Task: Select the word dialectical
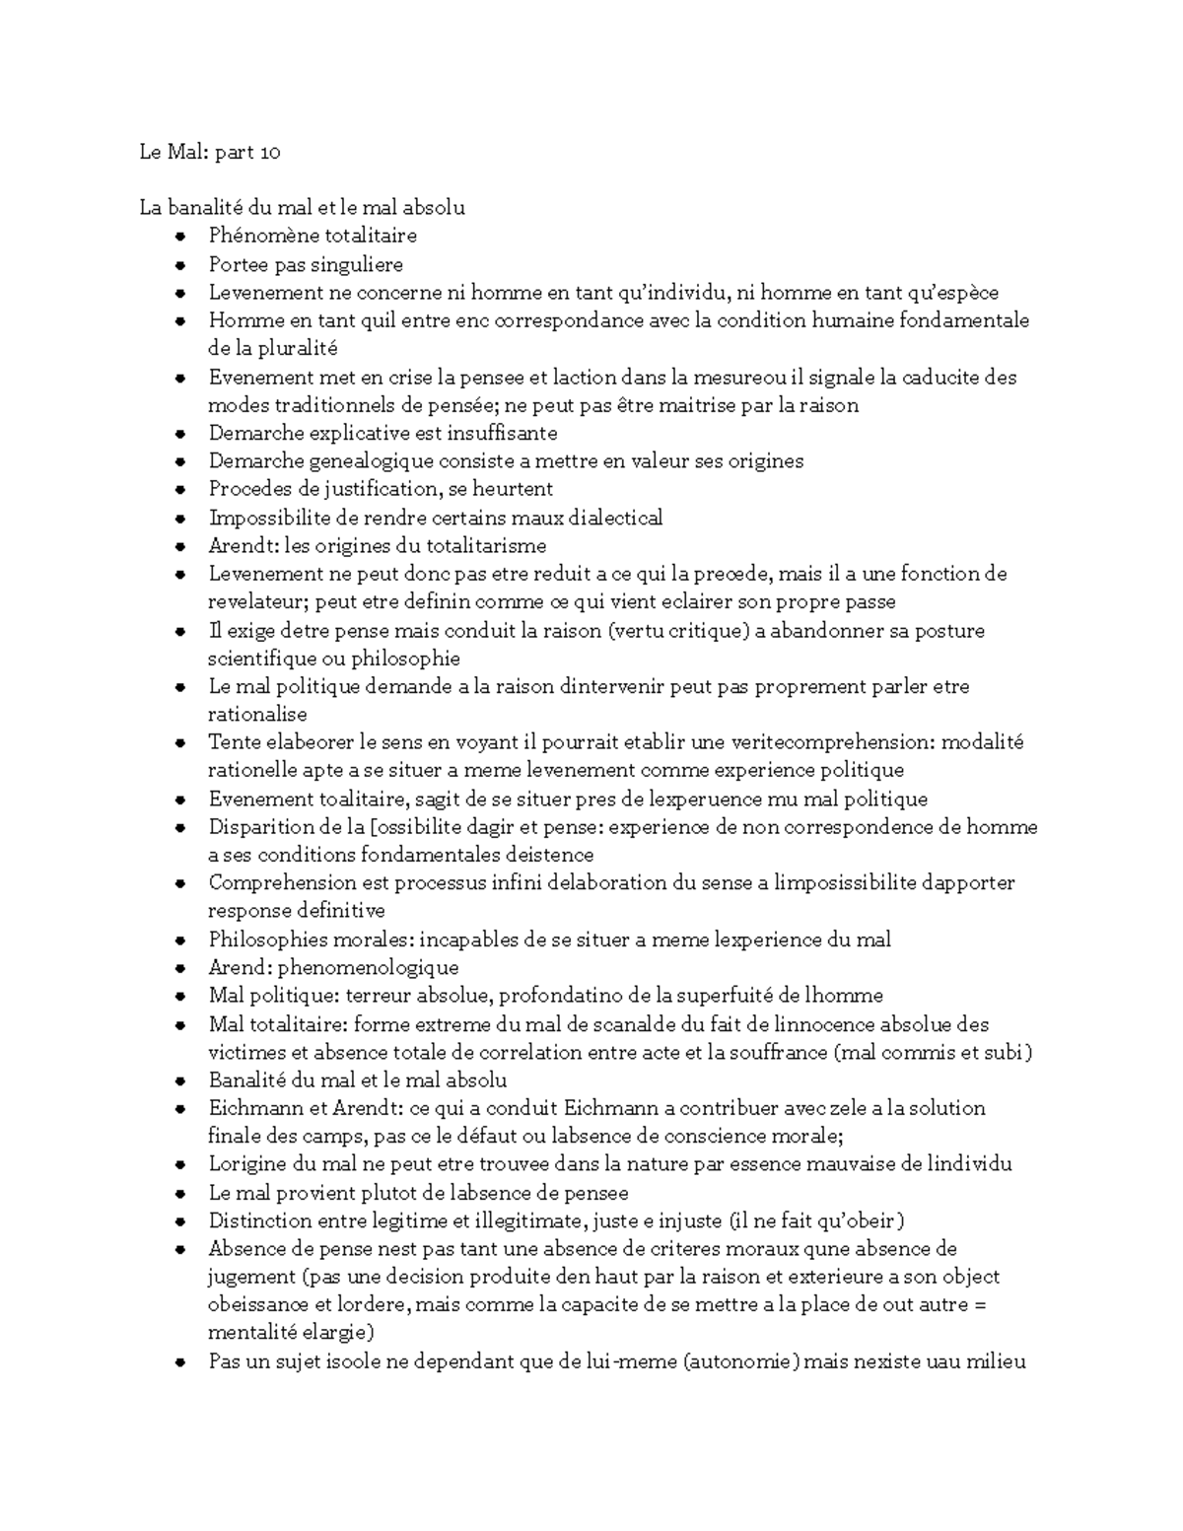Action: [610, 518]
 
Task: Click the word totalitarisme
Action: [482, 545]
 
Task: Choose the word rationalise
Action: [257, 714]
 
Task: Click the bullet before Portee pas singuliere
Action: [179, 264]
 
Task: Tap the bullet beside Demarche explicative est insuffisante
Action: [179, 433]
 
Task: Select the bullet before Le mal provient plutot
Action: [179, 1193]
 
